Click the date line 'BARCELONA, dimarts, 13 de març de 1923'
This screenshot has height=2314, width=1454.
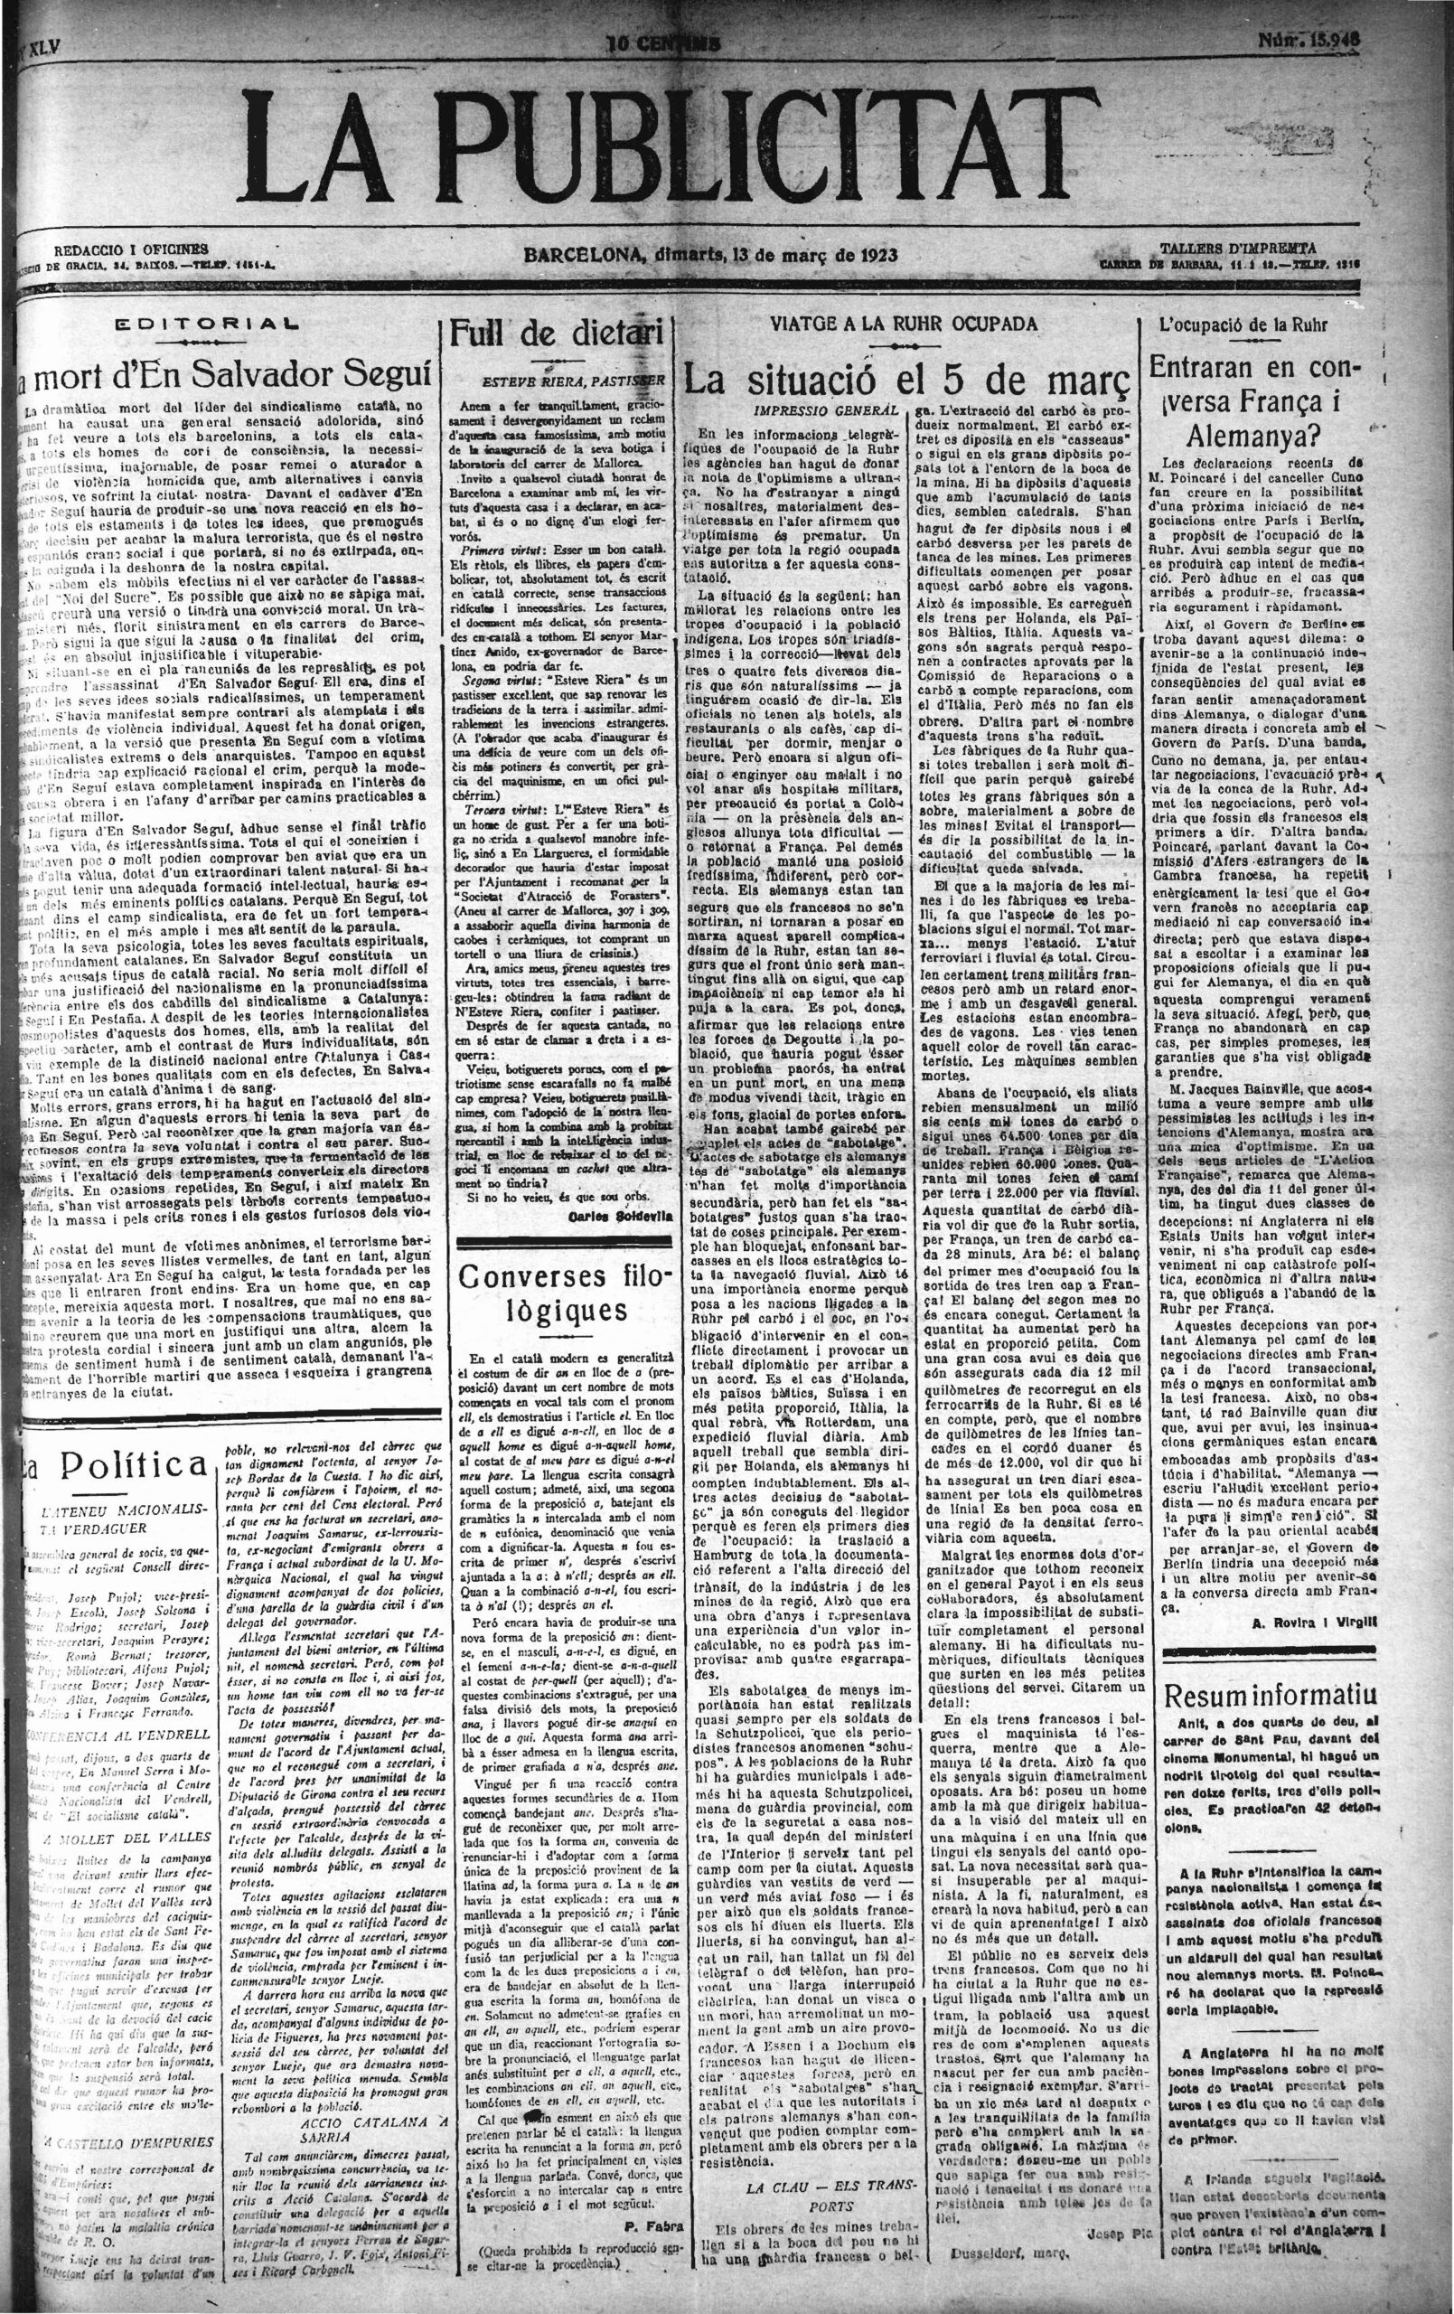click(711, 256)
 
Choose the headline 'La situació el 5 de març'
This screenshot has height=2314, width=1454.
click(905, 375)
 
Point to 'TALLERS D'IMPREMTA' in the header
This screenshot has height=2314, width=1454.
click(1238, 248)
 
